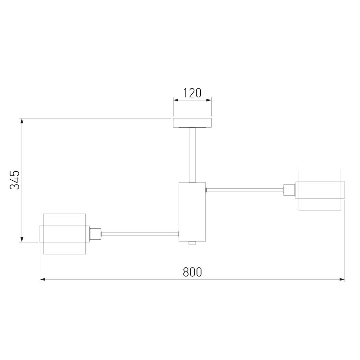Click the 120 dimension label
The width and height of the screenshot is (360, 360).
(x=192, y=93)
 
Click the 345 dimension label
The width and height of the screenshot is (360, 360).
(x=14, y=180)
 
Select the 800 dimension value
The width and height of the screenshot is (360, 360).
(x=192, y=272)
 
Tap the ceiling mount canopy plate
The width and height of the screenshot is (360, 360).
(x=192, y=122)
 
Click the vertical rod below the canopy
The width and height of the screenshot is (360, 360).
(x=192, y=154)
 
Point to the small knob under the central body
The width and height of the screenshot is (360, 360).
(x=192, y=243)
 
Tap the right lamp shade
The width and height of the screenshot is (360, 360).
(x=320, y=190)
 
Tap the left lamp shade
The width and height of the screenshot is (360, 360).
(x=64, y=234)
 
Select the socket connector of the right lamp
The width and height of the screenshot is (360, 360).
(x=289, y=190)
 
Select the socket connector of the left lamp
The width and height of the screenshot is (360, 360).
(x=95, y=234)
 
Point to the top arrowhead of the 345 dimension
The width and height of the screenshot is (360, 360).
(x=22, y=121)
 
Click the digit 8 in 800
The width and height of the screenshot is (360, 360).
(x=186, y=272)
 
